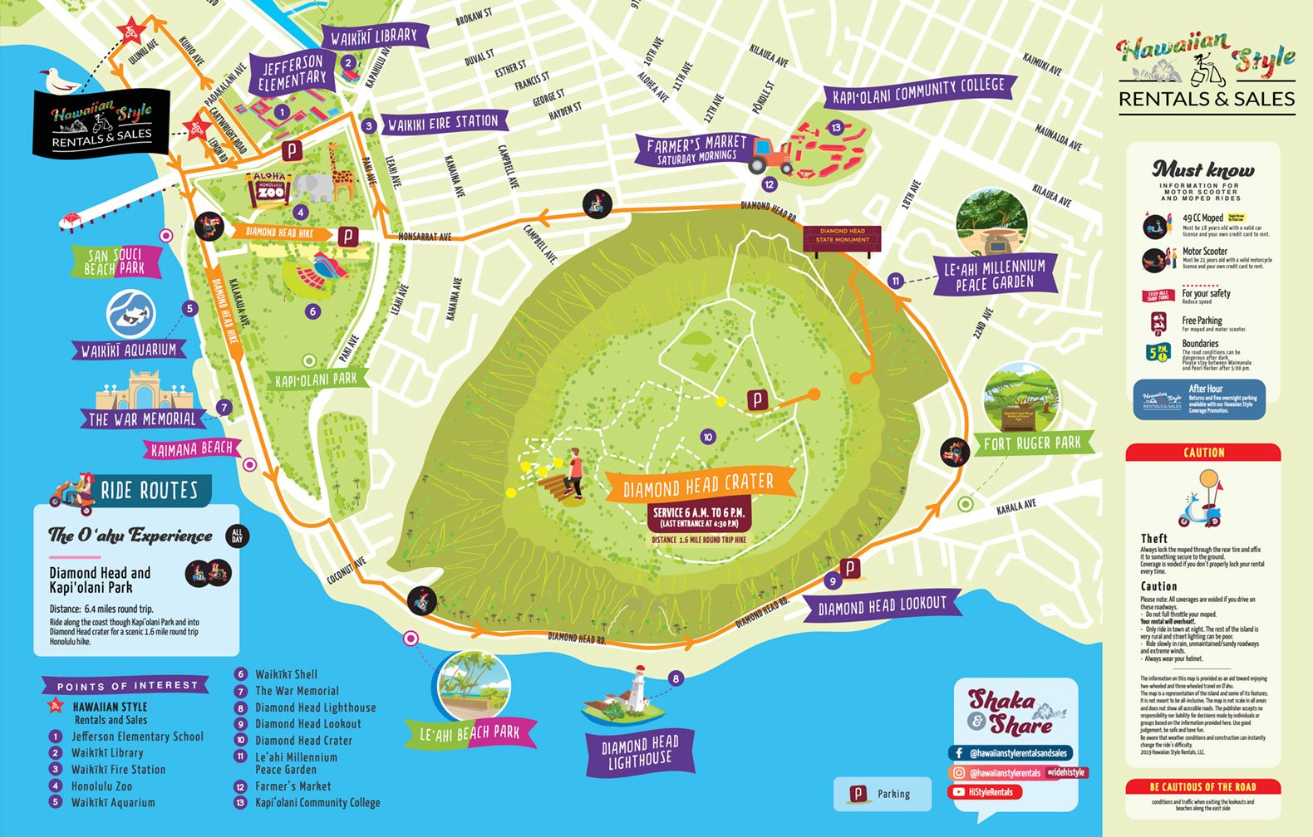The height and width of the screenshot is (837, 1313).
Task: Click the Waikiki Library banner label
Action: (374, 37)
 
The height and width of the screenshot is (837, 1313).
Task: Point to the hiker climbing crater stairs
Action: (573, 473)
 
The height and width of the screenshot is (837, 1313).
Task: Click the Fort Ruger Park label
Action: (1032, 443)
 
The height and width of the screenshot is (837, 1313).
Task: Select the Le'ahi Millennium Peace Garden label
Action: (995, 275)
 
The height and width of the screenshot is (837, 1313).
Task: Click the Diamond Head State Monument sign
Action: (842, 236)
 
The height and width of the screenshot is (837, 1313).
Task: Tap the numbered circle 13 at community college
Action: (836, 128)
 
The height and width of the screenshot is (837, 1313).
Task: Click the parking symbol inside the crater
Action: (757, 400)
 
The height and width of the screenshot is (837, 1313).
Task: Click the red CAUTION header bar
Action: (1202, 453)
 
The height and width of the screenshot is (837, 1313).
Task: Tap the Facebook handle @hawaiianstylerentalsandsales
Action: (1011, 754)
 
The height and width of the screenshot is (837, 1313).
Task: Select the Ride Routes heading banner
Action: (150, 491)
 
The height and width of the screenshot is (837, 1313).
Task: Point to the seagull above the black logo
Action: (59, 80)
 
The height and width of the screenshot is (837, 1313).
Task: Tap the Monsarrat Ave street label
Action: (424, 237)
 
